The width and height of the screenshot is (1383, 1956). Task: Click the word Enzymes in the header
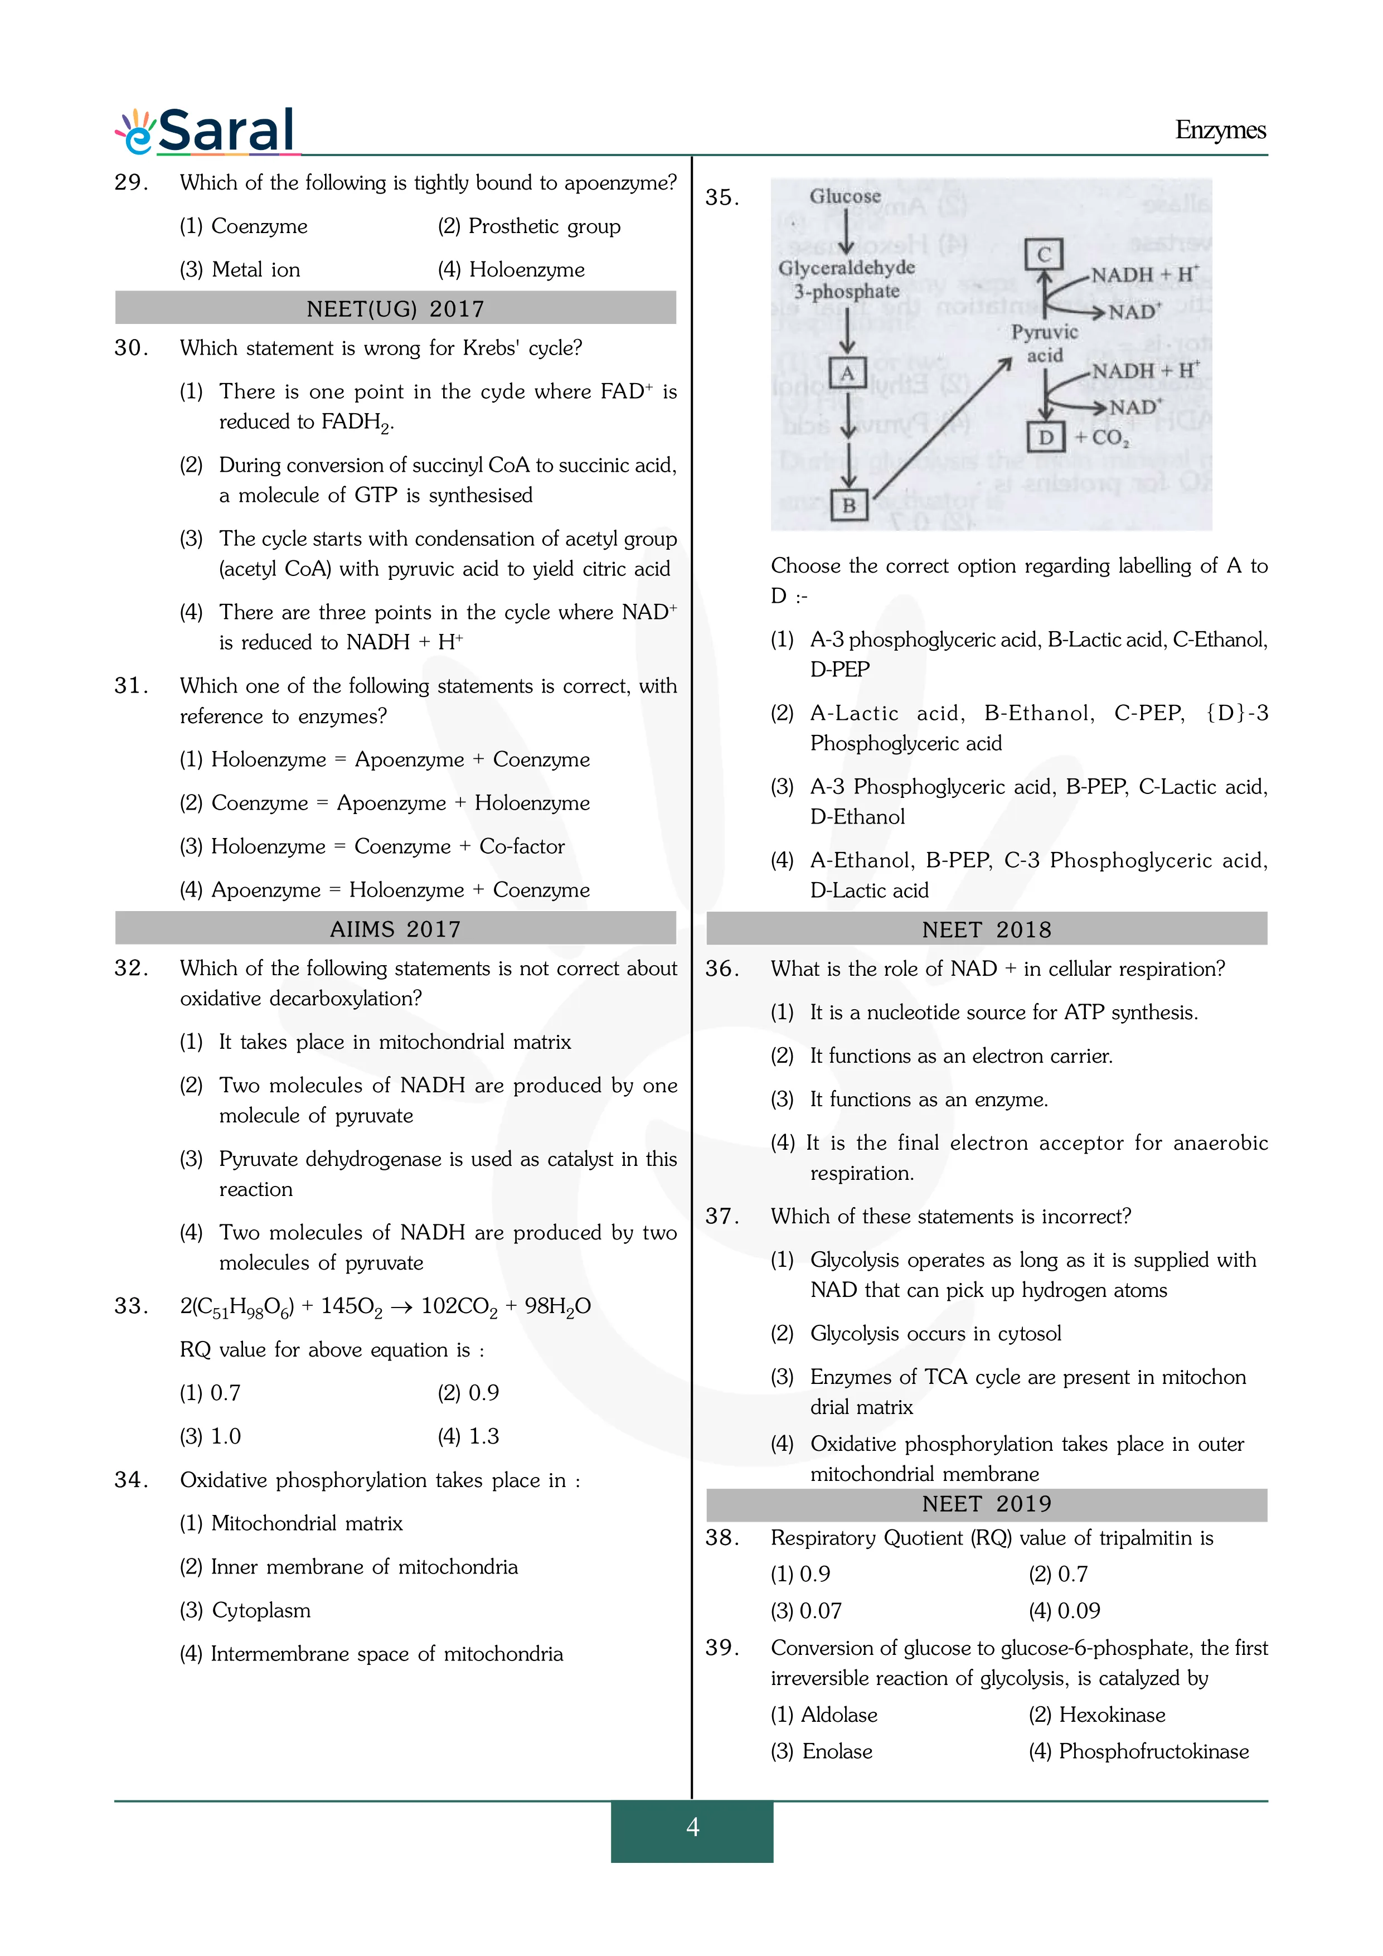(1220, 130)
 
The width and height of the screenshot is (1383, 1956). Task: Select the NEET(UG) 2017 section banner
(395, 308)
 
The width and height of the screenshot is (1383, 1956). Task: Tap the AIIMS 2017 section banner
(395, 928)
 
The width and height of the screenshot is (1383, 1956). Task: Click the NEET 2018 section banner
(986, 929)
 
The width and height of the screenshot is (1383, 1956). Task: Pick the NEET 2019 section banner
(986, 1504)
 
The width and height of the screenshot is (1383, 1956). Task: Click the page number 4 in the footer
(692, 1827)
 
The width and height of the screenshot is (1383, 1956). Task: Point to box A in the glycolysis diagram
(847, 373)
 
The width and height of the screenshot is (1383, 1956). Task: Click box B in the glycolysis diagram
(849, 505)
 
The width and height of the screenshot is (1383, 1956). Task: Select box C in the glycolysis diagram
(1044, 254)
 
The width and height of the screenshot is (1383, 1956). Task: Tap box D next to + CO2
(1046, 437)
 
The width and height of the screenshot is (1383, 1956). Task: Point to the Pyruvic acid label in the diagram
(1044, 343)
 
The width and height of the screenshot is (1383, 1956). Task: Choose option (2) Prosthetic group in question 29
(529, 226)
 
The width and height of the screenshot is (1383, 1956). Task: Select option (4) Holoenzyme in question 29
(511, 270)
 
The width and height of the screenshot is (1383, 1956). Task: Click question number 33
(131, 1306)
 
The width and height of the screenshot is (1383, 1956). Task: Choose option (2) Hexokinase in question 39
(1097, 1715)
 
